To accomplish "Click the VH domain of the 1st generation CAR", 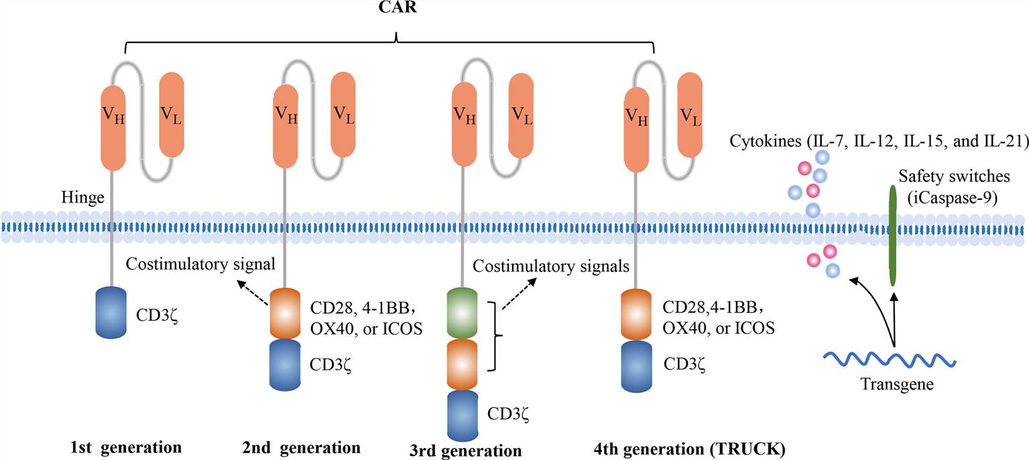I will tap(113, 118).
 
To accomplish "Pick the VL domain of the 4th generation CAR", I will tap(690, 115).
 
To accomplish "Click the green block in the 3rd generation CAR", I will tap(463, 312).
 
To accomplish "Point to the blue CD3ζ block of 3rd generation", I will tap(463, 415).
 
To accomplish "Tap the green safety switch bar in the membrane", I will tap(893, 235).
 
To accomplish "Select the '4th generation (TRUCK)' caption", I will tap(689, 447).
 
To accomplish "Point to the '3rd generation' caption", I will tap(465, 449).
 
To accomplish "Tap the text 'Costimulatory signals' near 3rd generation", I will tap(551, 266).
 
